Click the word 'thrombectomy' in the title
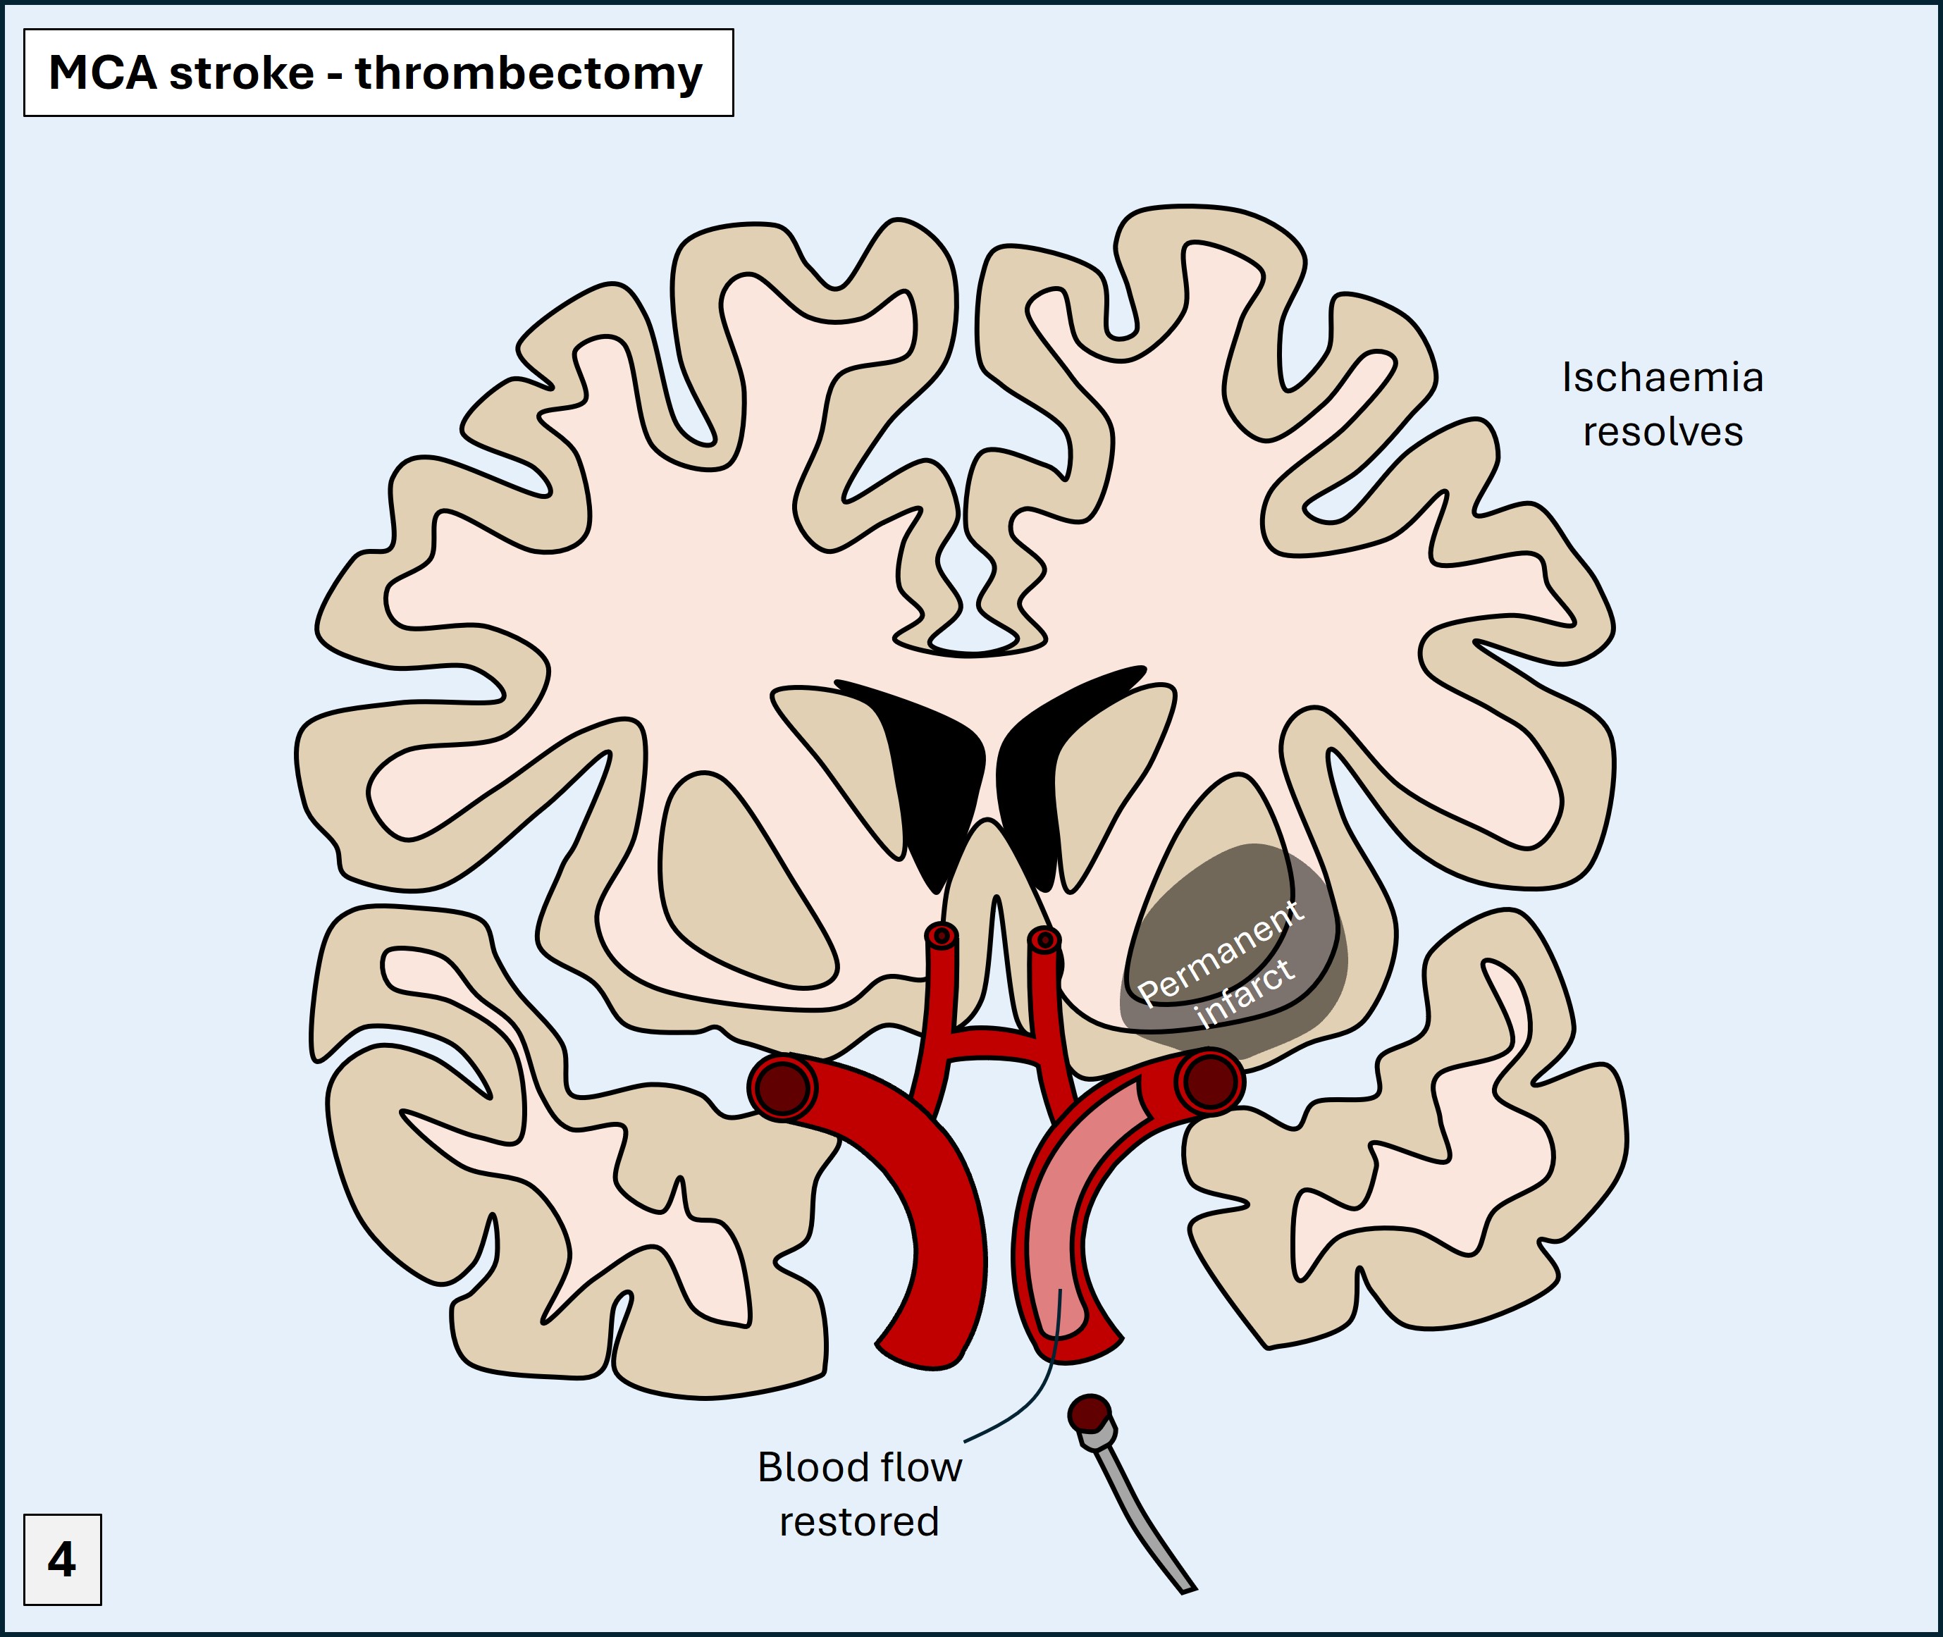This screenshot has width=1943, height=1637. [528, 74]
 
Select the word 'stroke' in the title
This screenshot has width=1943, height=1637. [241, 73]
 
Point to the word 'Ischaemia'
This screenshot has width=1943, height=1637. [1662, 378]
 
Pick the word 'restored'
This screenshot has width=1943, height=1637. [858, 1522]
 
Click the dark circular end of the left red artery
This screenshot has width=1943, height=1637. [782, 1087]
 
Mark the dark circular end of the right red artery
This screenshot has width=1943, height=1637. [1209, 1081]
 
